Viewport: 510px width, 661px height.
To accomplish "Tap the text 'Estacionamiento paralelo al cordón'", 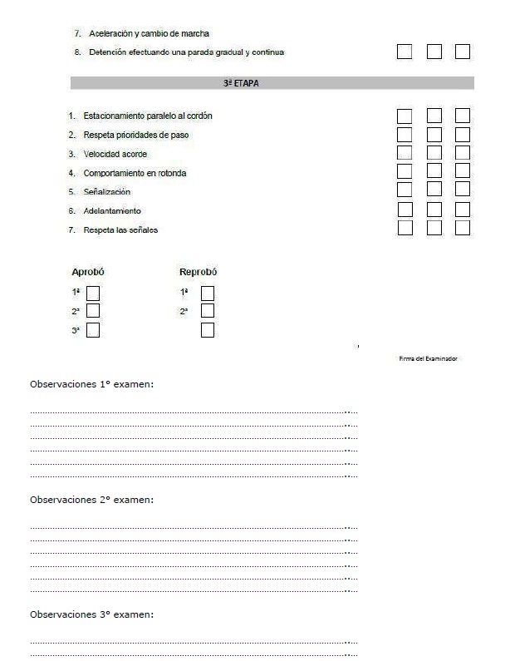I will (x=154, y=116).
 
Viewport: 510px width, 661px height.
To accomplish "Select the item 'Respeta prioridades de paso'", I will (x=141, y=135).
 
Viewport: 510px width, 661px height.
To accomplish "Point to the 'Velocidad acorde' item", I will (x=115, y=154).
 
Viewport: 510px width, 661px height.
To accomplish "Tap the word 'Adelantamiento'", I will (x=112, y=211).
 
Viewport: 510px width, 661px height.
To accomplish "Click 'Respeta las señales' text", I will (x=120, y=230).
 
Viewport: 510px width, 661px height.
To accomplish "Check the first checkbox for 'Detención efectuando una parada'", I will (x=405, y=52).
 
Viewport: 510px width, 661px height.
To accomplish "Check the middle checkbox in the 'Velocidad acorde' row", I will (x=434, y=152).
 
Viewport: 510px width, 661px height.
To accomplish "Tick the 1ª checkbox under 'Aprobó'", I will (x=93, y=293).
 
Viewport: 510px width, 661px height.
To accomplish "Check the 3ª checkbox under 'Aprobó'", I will (x=93, y=330).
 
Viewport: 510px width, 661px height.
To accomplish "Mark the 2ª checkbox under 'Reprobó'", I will (x=208, y=311).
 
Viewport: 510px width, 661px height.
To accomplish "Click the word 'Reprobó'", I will (x=199, y=272).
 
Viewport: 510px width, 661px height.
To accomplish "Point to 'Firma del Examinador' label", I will (x=429, y=359).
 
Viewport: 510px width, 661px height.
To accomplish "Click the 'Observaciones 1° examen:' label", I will (x=92, y=385).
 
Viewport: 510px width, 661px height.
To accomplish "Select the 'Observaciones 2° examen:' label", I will (x=92, y=500).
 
